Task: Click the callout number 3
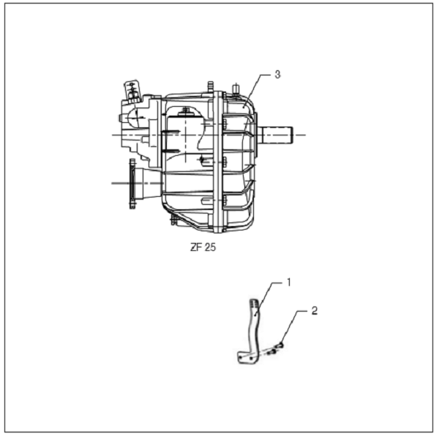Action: click(x=277, y=75)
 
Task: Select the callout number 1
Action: click(x=289, y=282)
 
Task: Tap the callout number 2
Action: click(x=315, y=311)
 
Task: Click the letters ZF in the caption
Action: click(x=195, y=247)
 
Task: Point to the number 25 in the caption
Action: click(x=210, y=247)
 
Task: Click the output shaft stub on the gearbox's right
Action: click(x=275, y=135)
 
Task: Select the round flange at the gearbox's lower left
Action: click(x=132, y=184)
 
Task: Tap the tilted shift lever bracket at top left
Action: click(x=132, y=90)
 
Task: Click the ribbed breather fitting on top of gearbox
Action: click(x=211, y=86)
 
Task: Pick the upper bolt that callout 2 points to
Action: click(x=279, y=346)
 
